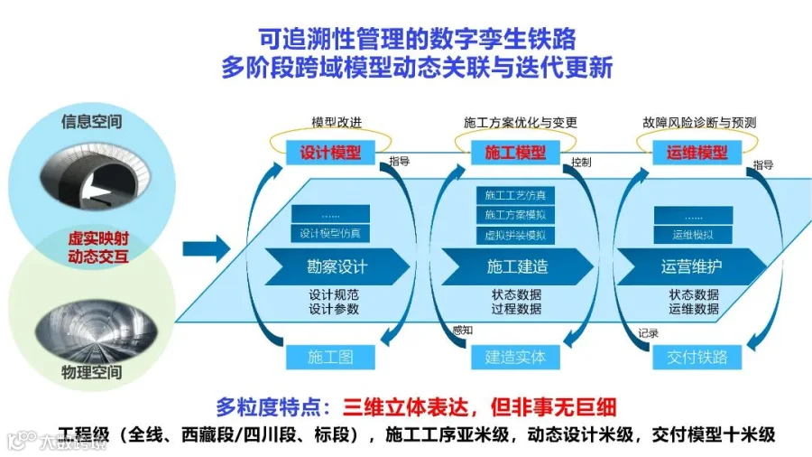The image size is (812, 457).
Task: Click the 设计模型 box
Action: coord(330,153)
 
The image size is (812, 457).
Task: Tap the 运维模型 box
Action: coord(697,153)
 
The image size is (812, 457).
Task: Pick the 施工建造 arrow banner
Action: coord(517,266)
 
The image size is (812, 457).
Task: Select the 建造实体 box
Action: coord(515,357)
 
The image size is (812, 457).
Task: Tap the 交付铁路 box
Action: coord(697,357)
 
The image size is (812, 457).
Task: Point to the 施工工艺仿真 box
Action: coord(515,195)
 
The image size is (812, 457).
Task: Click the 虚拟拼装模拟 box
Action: coord(515,235)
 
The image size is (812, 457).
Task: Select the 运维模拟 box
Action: coord(693,235)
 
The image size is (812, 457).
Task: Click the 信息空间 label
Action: coord(91,121)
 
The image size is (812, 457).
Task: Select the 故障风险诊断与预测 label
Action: coord(699,122)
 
